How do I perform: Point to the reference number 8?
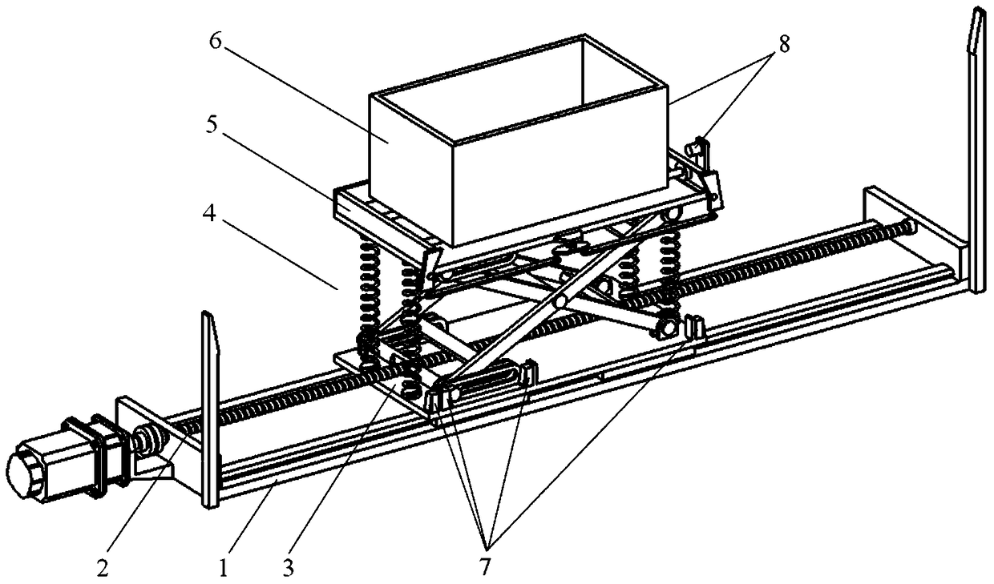coord(782,45)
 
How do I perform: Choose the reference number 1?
coord(224,568)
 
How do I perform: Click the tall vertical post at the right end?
coord(977,152)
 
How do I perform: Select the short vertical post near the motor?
coord(208,409)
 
